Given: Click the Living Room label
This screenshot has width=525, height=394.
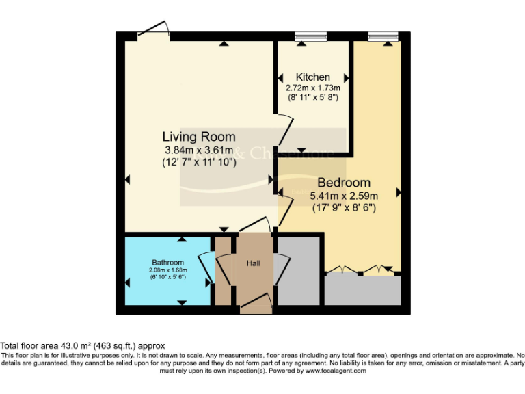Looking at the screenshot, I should [199, 137].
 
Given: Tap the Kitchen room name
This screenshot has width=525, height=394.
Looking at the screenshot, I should [313, 77].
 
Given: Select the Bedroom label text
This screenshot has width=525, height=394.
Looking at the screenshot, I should [344, 183].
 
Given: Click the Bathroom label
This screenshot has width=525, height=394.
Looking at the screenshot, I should [167, 263].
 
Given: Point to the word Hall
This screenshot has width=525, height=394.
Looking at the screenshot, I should [254, 263].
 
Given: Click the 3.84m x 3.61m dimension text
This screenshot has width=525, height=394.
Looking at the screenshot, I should [199, 150].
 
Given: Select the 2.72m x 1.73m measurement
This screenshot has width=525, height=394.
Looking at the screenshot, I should [313, 88].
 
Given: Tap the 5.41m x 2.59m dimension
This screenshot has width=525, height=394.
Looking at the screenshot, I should [344, 195].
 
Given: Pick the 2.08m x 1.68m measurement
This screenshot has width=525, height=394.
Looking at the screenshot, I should [168, 270].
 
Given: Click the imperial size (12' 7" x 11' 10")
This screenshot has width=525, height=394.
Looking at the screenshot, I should [199, 162].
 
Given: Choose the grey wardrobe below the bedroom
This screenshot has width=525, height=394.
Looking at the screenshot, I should [363, 290].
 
